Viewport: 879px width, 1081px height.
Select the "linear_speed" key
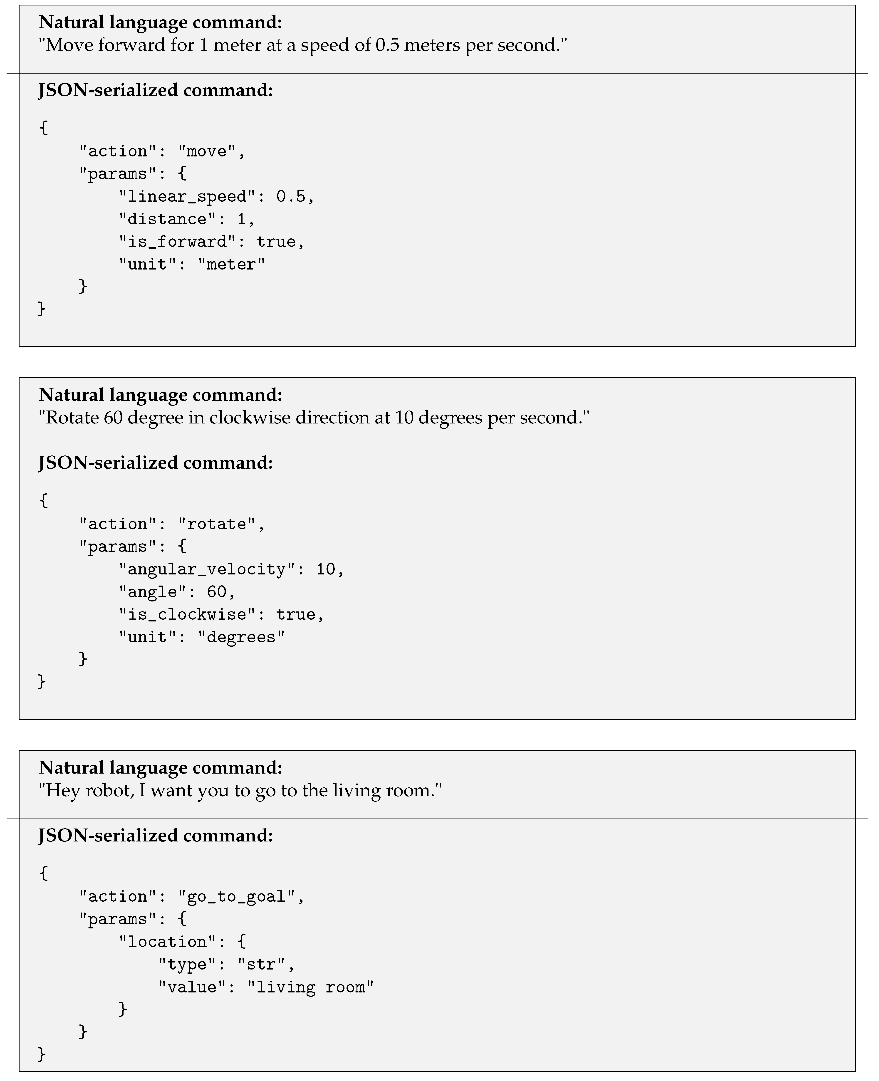[x=187, y=196]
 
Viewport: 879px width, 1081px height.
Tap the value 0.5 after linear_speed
[x=291, y=196]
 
